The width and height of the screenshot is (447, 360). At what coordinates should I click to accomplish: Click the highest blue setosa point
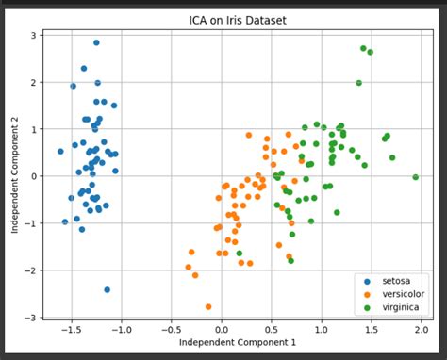tap(96, 42)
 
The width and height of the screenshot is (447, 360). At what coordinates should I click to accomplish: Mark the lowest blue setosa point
tap(107, 289)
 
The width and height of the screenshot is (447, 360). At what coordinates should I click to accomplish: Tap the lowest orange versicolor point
tap(208, 306)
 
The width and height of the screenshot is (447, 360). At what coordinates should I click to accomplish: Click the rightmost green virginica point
tap(416, 176)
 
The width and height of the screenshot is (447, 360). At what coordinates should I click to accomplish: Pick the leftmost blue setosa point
tap(60, 151)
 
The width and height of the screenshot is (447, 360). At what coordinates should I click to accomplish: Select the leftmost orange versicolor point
tap(189, 267)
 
